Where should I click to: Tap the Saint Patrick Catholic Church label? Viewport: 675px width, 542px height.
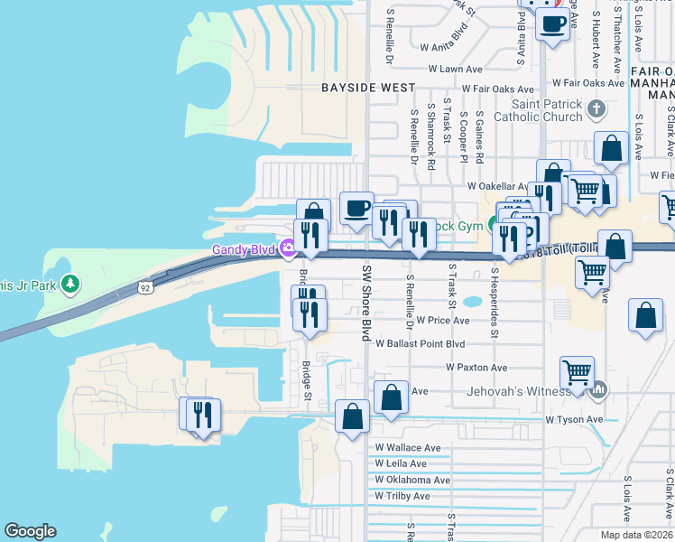540,110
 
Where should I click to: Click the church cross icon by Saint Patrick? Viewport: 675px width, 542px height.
596,110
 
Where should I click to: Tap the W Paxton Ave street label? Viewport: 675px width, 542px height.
476,368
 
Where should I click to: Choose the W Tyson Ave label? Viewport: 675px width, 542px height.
574,419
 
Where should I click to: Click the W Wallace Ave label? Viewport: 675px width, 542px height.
408,448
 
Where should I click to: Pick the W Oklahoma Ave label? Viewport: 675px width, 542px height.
412,480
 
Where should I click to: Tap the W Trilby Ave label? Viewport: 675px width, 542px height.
402,496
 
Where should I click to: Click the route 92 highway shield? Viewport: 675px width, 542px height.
144,287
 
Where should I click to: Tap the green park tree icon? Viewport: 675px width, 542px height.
69,286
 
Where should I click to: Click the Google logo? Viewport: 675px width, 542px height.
30,531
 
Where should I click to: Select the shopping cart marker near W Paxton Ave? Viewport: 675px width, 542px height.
577,370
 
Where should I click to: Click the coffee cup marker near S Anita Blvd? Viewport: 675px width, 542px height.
552,23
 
